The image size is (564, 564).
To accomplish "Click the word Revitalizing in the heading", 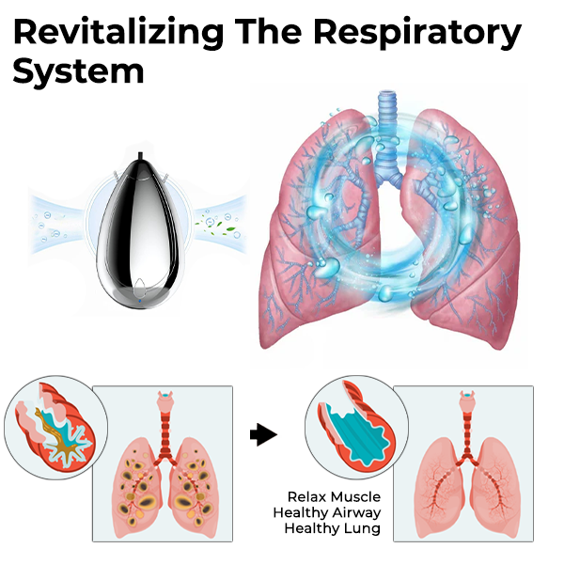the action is (x=118, y=33).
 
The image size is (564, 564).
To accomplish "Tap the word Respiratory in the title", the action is (x=417, y=33).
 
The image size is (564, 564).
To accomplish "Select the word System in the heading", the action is (x=79, y=71).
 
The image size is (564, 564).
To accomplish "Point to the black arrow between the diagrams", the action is (x=263, y=434).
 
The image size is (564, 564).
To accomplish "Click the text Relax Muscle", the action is (x=334, y=496).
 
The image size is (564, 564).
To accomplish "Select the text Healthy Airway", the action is (x=326, y=512).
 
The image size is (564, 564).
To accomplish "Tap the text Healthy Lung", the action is (x=333, y=528).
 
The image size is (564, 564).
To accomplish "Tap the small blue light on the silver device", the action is (x=139, y=301).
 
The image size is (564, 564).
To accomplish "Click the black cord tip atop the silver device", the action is (x=140, y=156).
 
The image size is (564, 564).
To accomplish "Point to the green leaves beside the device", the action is (x=215, y=227).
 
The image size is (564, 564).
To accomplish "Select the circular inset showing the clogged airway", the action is (x=55, y=428).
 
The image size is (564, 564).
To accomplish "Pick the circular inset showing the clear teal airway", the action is (x=356, y=428).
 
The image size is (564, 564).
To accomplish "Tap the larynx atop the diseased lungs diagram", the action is (x=165, y=399).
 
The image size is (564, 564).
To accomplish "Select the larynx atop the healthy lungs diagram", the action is (x=467, y=399).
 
